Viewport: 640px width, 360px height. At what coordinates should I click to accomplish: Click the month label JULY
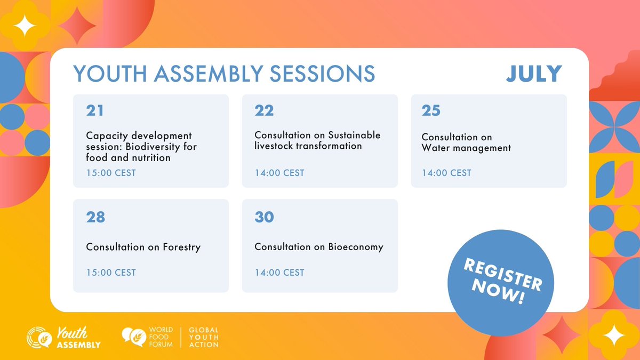534,74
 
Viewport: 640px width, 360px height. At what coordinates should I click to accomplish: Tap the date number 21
95,110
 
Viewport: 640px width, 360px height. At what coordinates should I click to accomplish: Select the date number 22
264,110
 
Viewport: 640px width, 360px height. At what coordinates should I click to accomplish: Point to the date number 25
431,110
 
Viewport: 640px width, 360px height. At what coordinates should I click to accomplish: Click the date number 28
95,217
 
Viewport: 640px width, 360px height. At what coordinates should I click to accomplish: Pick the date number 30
264,217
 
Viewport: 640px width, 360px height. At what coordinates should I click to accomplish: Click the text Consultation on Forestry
143,247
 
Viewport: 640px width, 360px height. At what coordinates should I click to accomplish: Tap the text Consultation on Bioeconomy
318,247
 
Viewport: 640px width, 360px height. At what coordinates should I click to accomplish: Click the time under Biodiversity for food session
111,173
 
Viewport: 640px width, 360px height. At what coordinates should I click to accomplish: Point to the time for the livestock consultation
279,173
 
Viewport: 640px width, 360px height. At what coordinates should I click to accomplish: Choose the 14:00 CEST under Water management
446,173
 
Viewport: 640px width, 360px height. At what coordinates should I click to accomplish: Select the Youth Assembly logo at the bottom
64,338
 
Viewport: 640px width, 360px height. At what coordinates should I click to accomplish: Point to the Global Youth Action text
204,338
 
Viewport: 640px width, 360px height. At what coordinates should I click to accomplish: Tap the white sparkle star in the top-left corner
23,23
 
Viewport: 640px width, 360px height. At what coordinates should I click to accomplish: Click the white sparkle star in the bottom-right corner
615,337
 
